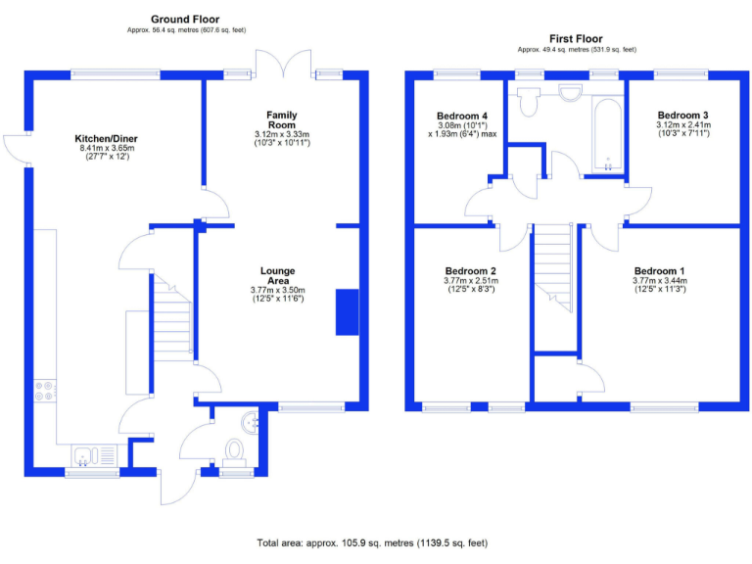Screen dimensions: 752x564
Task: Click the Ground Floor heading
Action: click(185, 19)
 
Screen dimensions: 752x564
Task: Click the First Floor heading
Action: click(577, 39)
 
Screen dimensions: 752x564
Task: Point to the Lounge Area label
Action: click(277, 275)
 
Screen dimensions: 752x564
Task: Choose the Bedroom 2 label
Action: click(470, 270)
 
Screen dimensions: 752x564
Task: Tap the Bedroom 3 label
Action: click(682, 114)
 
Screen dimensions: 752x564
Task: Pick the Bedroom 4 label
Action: click(462, 114)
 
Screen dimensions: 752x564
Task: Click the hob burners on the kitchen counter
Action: click(45, 391)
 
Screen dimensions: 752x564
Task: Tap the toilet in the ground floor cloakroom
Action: click(235, 449)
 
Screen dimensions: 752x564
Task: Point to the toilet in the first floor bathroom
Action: click(529, 101)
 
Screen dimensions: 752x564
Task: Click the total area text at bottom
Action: click(371, 542)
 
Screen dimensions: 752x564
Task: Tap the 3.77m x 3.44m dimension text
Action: click(659, 280)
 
